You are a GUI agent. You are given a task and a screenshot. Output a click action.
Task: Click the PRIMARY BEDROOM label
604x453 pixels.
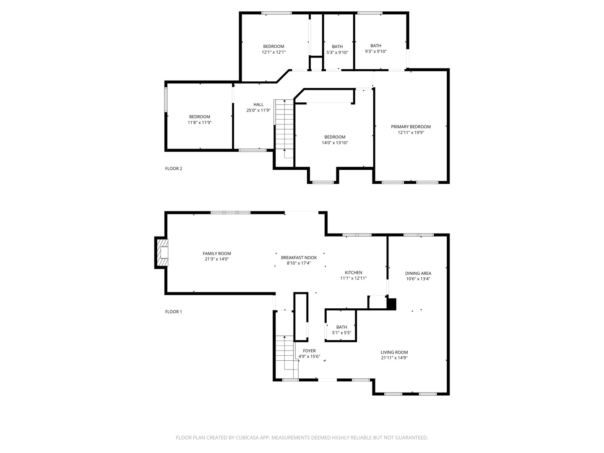click(x=411, y=127)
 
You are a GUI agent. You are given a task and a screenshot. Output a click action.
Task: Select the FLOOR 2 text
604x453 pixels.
click(x=174, y=169)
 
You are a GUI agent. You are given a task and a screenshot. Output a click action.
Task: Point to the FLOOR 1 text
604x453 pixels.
click(x=174, y=312)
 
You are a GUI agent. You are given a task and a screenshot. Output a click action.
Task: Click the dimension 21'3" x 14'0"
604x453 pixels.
click(x=217, y=259)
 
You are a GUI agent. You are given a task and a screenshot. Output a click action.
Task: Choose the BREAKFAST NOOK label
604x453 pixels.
click(x=299, y=258)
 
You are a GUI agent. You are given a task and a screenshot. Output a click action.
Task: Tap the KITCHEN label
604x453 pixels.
click(x=353, y=273)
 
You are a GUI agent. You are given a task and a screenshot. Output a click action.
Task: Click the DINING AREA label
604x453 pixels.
click(x=418, y=273)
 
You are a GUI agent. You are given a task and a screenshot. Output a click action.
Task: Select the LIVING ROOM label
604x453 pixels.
click(x=394, y=352)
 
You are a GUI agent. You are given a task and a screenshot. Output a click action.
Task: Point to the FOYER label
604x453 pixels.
click(x=309, y=351)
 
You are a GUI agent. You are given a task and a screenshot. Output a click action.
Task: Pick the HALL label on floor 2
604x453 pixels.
click(x=258, y=104)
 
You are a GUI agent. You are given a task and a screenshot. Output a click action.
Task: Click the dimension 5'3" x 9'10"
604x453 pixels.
click(x=337, y=52)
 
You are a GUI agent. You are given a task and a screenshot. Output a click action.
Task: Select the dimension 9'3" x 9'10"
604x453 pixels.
click(x=376, y=52)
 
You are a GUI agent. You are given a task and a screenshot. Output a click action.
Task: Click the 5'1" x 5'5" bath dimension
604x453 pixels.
click(x=341, y=333)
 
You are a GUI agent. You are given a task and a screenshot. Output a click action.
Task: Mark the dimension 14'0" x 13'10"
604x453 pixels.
click(x=335, y=143)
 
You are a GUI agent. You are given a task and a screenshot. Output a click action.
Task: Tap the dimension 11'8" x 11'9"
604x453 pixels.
click(x=200, y=122)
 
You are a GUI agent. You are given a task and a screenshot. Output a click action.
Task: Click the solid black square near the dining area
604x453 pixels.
click(x=391, y=304)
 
